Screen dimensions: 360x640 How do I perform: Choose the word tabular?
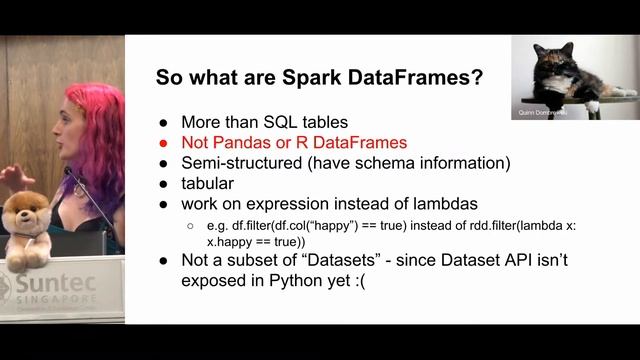coord(208,183)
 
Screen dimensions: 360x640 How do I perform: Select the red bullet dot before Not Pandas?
coord(164,144)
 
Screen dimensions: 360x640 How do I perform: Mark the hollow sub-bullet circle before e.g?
coord(191,226)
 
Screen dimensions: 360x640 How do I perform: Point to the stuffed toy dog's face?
coord(25,213)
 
